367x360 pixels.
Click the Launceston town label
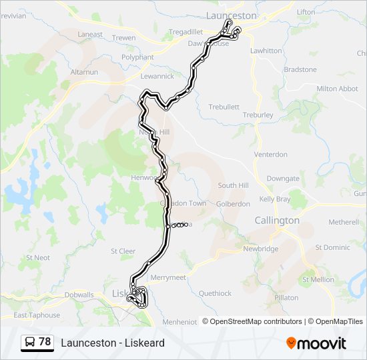coord(232,15)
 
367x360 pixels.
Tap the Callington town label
coord(277,220)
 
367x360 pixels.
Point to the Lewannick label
coord(157,76)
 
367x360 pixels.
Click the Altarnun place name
coord(84,71)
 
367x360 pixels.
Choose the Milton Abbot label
coord(337,89)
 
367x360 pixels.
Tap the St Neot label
coord(38,257)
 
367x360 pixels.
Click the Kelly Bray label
coord(275,199)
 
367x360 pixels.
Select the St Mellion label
coord(318,280)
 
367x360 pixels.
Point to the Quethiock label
coord(215,293)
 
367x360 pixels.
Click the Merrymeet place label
coord(168,277)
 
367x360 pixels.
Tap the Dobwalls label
coord(79,294)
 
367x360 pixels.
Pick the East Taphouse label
coord(37,315)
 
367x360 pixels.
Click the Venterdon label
coord(270,155)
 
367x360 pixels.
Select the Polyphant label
coord(137,57)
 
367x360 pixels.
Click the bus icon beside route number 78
coord(29,342)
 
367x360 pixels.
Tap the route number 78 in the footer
coord(45,342)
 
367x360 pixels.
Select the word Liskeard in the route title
coord(145,343)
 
